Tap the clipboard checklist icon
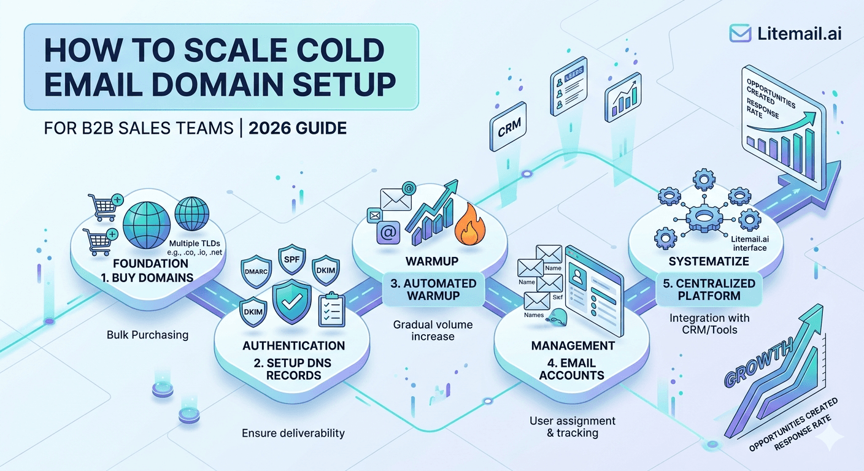pos(332,310)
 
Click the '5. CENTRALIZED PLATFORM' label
pos(708,289)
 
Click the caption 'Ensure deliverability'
pos(293,433)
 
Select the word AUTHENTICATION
pos(293,345)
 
